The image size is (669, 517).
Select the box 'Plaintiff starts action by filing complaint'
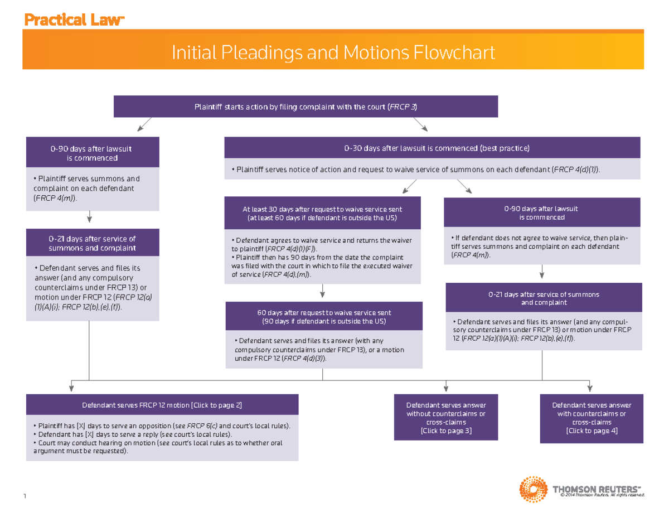[x=306, y=107]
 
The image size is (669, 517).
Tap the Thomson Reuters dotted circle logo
[x=532, y=490]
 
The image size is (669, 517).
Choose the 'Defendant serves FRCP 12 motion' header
[x=162, y=405]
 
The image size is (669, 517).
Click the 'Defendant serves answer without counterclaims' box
[x=446, y=418]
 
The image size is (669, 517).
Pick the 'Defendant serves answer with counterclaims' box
[x=592, y=418]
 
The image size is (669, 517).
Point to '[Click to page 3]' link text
[x=446, y=431]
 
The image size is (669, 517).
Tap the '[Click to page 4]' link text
[x=592, y=431]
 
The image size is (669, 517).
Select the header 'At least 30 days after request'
[x=322, y=213]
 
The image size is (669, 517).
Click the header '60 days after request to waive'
[x=323, y=317]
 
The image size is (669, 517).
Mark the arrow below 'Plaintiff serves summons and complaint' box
[x=90, y=218]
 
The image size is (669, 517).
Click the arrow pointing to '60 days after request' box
[x=322, y=292]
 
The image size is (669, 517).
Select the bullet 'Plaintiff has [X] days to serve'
[x=162, y=426]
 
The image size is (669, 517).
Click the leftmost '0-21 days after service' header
[x=92, y=243]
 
